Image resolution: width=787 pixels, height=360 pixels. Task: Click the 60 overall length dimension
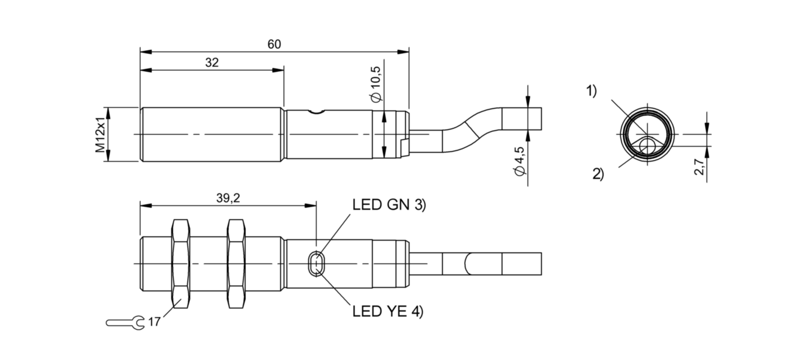tap(274, 45)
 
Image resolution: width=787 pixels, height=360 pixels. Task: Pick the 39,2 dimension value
tap(228, 198)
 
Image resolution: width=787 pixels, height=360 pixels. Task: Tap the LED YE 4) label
tap(388, 312)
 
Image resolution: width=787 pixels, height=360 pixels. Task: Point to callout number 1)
tap(591, 90)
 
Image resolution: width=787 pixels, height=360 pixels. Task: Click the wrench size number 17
tap(154, 322)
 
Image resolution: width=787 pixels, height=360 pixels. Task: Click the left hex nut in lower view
tap(181, 264)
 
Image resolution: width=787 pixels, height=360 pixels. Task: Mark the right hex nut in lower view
tap(237, 264)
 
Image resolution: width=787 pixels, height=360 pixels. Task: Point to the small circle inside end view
tap(647, 146)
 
